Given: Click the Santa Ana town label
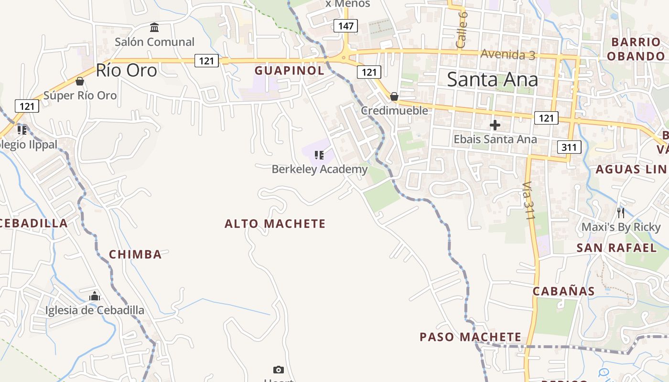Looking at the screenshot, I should [492, 79].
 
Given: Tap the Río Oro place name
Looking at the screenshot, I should [126, 71].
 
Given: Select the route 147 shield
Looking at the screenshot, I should [345, 26].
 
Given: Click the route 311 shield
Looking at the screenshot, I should [569, 147].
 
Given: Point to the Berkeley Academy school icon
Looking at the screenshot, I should [319, 155].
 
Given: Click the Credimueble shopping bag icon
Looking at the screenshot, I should [394, 97].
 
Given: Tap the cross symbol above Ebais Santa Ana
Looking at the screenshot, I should [495, 126].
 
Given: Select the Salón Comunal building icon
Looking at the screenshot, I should [154, 28].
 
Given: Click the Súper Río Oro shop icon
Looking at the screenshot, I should [80, 82].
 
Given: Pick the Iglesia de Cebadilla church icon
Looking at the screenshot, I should [95, 297].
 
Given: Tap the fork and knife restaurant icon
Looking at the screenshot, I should [621, 213].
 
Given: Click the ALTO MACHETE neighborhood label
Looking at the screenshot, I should [275, 224].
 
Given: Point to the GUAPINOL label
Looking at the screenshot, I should [289, 71].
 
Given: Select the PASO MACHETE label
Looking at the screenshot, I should [470, 337].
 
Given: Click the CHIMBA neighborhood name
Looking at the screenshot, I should [135, 255].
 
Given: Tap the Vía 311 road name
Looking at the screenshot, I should [528, 200].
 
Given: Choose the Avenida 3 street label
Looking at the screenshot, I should [507, 54].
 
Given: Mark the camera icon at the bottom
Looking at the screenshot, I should [278, 370].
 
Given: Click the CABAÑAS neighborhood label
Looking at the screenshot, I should [563, 291].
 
